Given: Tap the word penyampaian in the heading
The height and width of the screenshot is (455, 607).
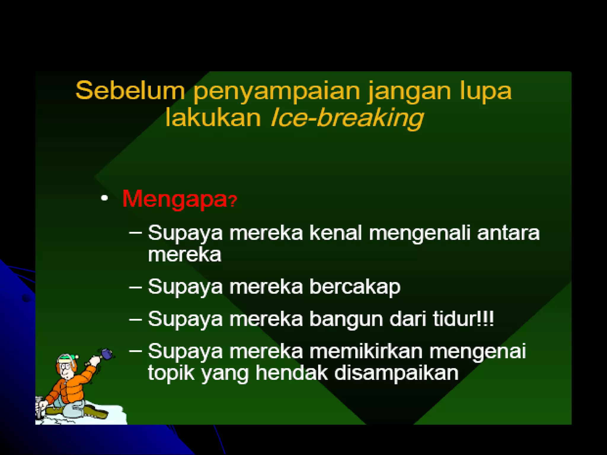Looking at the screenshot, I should pyautogui.click(x=277, y=92).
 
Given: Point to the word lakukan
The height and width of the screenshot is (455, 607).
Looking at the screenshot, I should pyautogui.click(x=213, y=117).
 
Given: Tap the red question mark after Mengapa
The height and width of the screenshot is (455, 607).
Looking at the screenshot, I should pyautogui.click(x=233, y=201).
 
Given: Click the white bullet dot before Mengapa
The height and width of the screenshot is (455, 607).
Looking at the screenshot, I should pyautogui.click(x=104, y=198).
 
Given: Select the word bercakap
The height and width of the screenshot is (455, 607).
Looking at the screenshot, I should pyautogui.click(x=354, y=287).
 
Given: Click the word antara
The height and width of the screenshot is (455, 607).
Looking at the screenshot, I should pyautogui.click(x=508, y=233).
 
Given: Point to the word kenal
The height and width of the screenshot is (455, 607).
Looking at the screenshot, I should pyautogui.click(x=336, y=233).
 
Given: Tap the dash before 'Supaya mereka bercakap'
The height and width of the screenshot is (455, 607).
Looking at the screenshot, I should pyautogui.click(x=135, y=287).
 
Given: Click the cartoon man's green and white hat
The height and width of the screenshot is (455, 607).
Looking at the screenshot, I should pyautogui.click(x=67, y=359).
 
